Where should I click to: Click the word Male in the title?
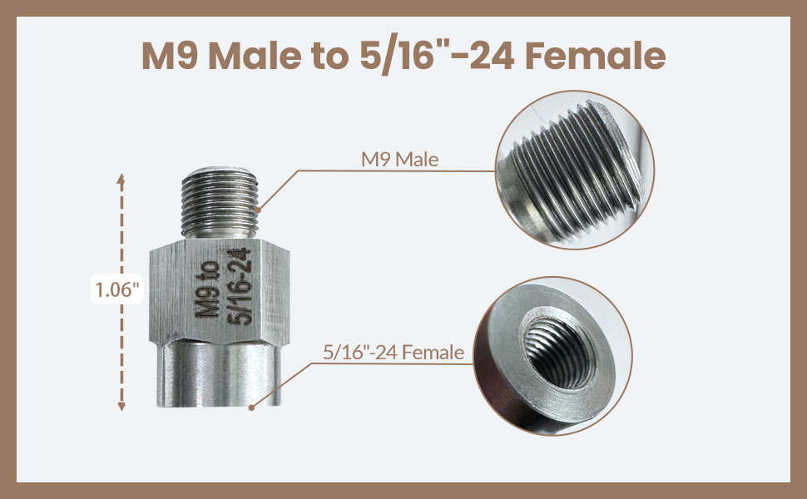255,56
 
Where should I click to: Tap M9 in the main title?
170,56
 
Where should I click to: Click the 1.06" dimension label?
117,289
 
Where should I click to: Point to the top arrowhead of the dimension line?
121,179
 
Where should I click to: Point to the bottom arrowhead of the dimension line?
121,407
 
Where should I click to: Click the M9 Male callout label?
400,160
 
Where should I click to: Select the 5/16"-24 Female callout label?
394,353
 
